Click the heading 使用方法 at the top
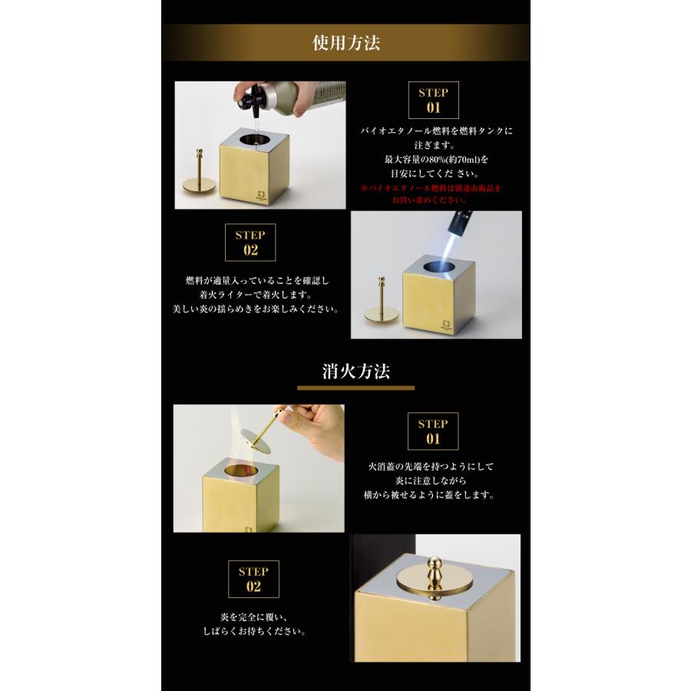[346, 43]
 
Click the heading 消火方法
[356, 371]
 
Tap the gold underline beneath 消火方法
[355, 388]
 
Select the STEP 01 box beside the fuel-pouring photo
[433, 100]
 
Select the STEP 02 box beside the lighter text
[250, 243]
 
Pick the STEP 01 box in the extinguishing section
[433, 431]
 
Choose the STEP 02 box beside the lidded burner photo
[253, 579]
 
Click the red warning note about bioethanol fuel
[431, 194]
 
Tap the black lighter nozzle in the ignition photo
[459, 223]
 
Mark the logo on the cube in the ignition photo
[447, 326]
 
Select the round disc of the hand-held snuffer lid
[256, 441]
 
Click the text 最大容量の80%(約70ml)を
[436, 159]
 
